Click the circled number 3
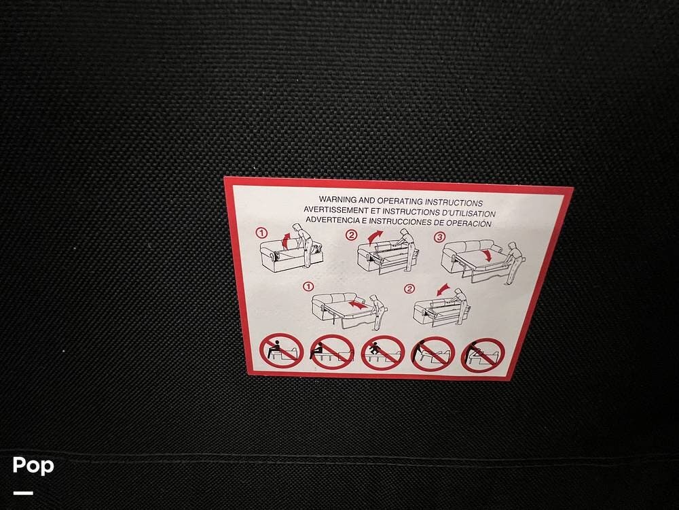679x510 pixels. (x=439, y=237)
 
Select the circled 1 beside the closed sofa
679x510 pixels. (x=261, y=233)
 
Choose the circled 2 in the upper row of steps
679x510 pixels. (x=351, y=235)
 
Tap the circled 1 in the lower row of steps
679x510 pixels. (x=308, y=287)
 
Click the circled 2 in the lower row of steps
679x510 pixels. (x=409, y=289)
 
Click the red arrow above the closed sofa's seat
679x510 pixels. (x=285, y=240)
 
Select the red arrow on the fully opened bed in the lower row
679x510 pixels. (x=358, y=305)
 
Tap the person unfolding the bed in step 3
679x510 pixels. (x=514, y=262)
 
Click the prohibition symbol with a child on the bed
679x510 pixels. (x=383, y=352)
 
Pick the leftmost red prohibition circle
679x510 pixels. (x=282, y=350)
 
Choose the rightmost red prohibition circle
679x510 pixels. (x=483, y=355)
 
